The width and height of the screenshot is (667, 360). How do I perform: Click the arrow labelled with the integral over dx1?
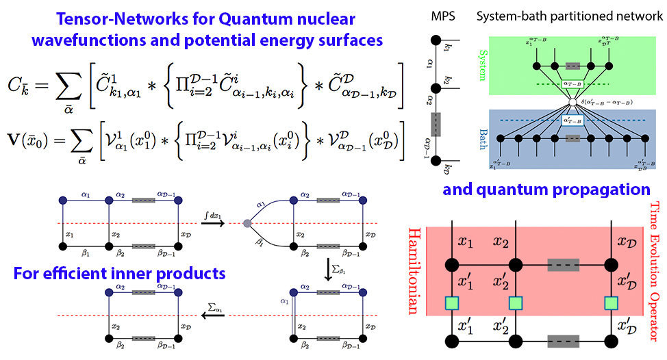pos(209,223)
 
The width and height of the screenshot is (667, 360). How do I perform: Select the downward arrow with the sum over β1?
pos(329,273)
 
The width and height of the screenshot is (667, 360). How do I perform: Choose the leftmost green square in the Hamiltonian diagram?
pos(451,301)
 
